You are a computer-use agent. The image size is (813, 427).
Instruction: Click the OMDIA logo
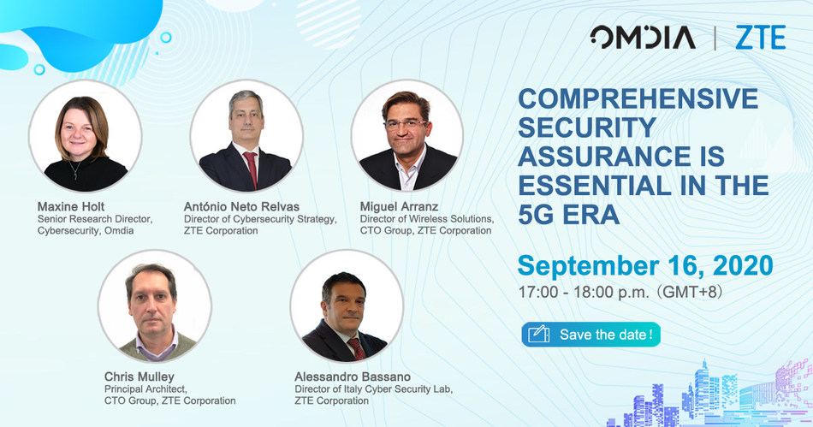click(643, 38)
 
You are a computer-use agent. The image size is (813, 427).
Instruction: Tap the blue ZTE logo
click(761, 38)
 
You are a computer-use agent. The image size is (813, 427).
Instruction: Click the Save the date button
click(591, 335)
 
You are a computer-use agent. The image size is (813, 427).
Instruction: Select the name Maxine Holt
click(71, 206)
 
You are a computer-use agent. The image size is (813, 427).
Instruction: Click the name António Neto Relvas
click(241, 206)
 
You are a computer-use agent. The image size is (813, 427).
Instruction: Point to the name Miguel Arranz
click(400, 206)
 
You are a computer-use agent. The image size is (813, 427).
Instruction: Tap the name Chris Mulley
click(139, 377)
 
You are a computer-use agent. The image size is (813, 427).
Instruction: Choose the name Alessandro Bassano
click(353, 377)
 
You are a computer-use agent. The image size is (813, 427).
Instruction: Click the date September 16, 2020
click(645, 265)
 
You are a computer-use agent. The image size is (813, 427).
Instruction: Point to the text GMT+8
click(692, 293)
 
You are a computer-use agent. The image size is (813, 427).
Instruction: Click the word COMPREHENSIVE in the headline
click(638, 98)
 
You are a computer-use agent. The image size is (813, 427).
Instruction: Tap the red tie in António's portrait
click(251, 169)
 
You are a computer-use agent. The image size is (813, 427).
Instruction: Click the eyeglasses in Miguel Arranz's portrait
click(406, 124)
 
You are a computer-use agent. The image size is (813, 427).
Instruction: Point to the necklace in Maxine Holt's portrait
click(75, 169)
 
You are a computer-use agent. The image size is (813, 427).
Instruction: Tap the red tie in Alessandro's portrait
click(357, 348)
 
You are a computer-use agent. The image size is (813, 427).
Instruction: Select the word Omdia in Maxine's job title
click(119, 230)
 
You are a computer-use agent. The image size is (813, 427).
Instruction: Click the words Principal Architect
click(145, 388)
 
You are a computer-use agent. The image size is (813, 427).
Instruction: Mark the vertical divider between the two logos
click(715, 38)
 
